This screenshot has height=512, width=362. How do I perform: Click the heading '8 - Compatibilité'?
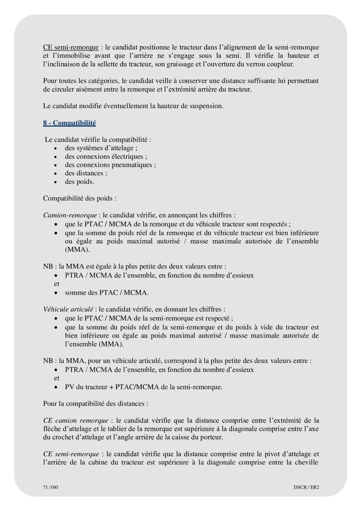[69, 123]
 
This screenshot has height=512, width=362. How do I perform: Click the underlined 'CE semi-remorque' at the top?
[71, 47]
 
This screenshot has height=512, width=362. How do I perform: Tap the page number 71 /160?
[50, 487]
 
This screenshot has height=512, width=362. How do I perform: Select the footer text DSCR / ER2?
[306, 487]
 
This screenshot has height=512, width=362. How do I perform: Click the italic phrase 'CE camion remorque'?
[76, 420]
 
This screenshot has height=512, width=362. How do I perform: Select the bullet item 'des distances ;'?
[86, 173]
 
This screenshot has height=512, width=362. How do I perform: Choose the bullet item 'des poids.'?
[79, 182]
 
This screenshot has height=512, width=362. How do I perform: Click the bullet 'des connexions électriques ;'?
[106, 156]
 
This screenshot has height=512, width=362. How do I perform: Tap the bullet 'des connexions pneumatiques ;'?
[110, 165]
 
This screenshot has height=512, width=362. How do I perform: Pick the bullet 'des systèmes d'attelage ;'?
[101, 148]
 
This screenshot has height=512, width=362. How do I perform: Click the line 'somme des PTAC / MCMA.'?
[106, 293]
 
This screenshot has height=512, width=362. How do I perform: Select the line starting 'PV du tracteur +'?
[143, 387]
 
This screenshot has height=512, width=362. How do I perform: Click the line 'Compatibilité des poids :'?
[80, 198]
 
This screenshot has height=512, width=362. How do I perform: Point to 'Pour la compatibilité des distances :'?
[96, 404]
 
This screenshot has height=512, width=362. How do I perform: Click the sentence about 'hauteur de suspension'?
[133, 106]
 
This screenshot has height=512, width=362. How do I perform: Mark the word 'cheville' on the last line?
[306, 462]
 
